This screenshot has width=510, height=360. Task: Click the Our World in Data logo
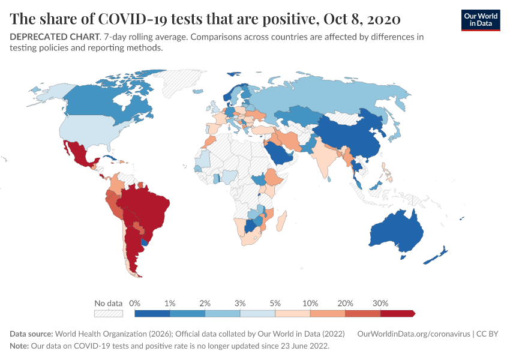coord(480,20)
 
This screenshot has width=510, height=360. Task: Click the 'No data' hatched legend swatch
coord(108,313)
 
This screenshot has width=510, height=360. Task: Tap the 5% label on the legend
coord(275,303)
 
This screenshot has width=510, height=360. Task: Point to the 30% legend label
coord(380,303)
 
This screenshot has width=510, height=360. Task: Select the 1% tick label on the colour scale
coord(170,303)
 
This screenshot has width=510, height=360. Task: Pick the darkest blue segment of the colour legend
coord(152,313)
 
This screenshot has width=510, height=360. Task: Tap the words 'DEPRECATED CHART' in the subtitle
coord(53,37)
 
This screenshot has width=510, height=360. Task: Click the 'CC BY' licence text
coord(488,334)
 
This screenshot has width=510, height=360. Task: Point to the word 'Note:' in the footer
coord(20,346)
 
